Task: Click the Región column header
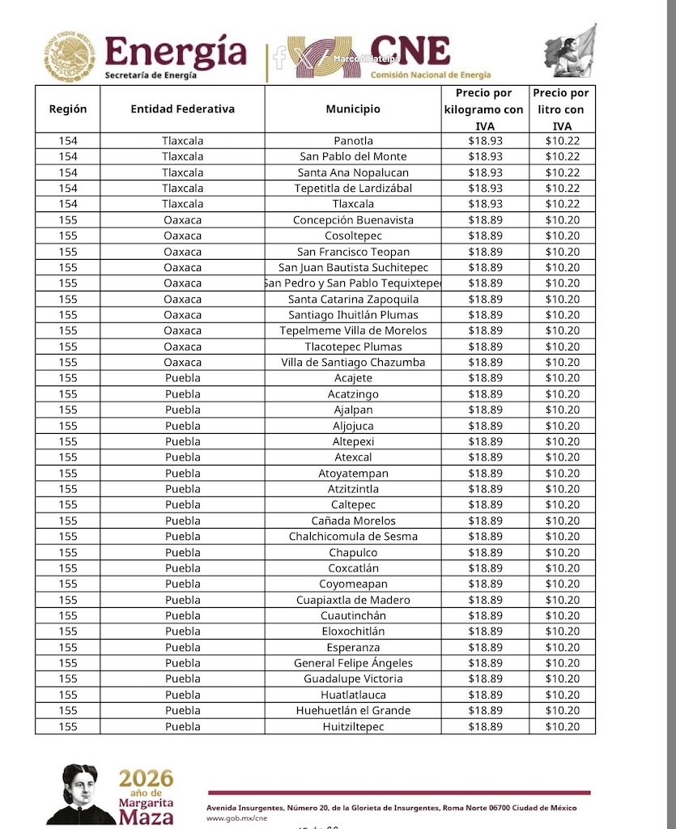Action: click(68, 109)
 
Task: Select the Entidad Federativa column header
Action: click(182, 109)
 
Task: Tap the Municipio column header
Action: click(353, 109)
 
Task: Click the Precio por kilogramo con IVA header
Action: click(485, 109)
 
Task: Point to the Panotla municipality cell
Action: click(353, 141)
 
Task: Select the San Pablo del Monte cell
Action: click(353, 156)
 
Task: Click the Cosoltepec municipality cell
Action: click(353, 236)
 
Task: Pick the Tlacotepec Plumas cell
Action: click(353, 346)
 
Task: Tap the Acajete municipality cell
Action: click(353, 378)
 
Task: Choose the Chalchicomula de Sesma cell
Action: click(353, 536)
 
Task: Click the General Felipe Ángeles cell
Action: click(353, 663)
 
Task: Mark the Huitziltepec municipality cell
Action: click(353, 726)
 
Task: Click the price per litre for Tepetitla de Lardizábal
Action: click(562, 188)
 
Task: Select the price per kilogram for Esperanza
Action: click(485, 648)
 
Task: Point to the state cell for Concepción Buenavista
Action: click(182, 220)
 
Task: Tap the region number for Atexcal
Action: click(68, 457)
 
